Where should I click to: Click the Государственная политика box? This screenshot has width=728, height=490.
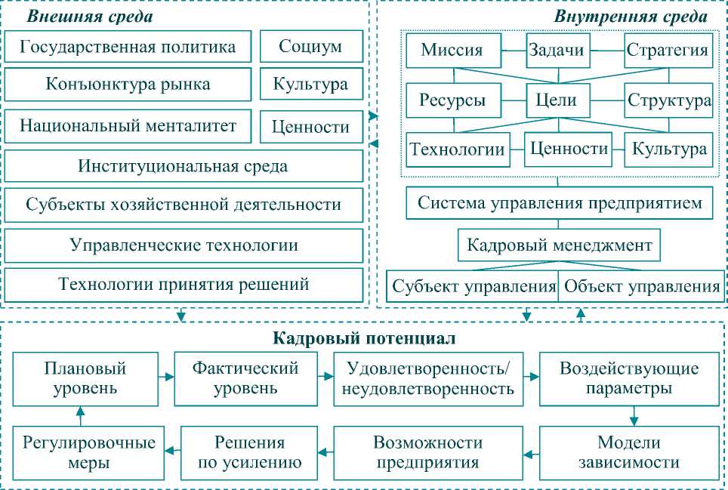pos(128,47)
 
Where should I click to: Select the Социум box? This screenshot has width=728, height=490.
pos(310,47)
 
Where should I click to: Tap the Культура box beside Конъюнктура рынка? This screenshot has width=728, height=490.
pos(310,83)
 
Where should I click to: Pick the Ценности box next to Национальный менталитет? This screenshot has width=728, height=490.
pos(310,127)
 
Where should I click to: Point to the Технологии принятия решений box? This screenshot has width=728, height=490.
pos(184,285)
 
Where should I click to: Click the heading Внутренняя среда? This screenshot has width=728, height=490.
pos(631,16)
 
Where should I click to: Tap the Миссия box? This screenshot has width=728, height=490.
pos(452,51)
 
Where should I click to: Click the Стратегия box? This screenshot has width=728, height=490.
pos(668,51)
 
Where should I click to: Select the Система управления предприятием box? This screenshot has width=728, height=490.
pos(560,203)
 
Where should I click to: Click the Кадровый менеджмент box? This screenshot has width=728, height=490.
pos(560,245)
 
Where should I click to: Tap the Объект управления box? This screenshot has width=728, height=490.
pos(641,287)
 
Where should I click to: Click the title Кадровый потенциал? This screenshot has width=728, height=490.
pos(363,338)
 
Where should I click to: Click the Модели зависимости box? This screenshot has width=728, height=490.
pos(628,451)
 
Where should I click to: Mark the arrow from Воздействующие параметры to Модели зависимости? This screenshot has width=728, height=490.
pos(635,414)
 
